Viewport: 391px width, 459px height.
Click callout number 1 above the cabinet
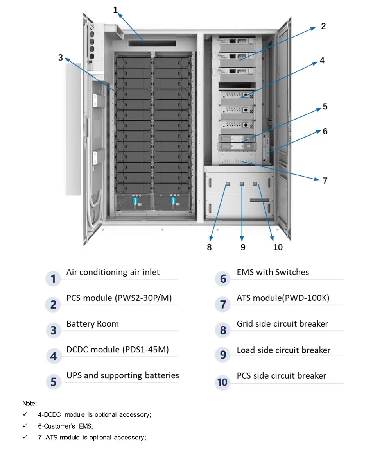pyautogui.click(x=115, y=10)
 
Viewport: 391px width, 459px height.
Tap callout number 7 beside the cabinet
pyautogui.click(x=325, y=180)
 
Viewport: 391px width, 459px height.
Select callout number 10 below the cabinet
pyautogui.click(x=278, y=247)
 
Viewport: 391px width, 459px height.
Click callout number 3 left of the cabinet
pyautogui.click(x=60, y=57)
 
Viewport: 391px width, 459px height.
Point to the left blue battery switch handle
pyautogui.click(x=135, y=201)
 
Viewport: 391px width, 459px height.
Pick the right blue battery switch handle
pyautogui.click(x=173, y=201)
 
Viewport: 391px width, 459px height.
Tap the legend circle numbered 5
pyautogui.click(x=54, y=382)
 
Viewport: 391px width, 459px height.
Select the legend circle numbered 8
pyautogui.click(x=223, y=330)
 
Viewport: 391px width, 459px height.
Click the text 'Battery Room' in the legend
pyautogui.click(x=92, y=324)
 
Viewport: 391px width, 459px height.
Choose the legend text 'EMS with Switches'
pyautogui.click(x=273, y=272)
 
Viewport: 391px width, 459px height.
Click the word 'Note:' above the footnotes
pyautogui.click(x=29, y=403)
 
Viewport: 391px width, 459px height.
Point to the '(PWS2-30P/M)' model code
pyautogui.click(x=143, y=298)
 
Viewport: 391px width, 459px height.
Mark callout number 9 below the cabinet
pyautogui.click(x=243, y=247)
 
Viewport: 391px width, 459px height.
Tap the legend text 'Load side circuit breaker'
pyautogui.click(x=283, y=350)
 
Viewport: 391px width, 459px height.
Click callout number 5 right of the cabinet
pyautogui.click(x=325, y=107)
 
